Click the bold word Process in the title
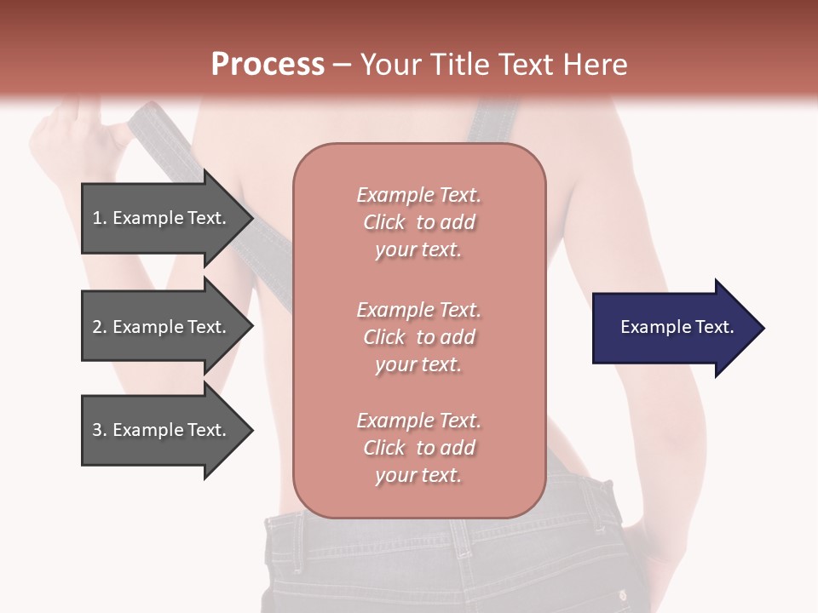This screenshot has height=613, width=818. click(268, 65)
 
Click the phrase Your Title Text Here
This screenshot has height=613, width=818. click(493, 65)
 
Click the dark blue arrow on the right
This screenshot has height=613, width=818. click(673, 328)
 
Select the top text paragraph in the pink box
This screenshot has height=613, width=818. click(418, 222)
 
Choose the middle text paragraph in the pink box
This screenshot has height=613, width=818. click(418, 337)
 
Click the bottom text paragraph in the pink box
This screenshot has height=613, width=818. click(418, 448)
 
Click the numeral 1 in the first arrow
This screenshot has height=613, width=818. click(97, 218)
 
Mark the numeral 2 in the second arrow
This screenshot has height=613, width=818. click(97, 327)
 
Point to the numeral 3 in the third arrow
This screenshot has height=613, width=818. click(97, 430)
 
